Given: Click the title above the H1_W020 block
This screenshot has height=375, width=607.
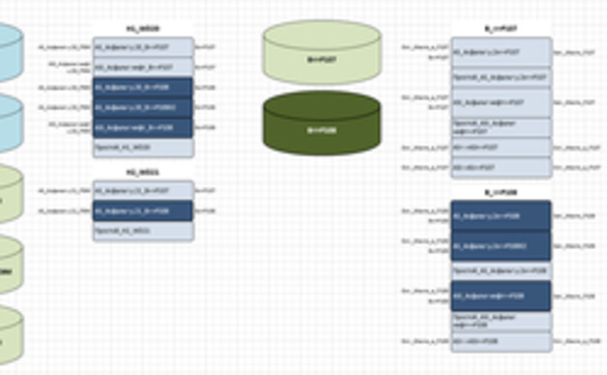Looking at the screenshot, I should coord(143,29).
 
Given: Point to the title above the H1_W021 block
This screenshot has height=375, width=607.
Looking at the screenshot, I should coord(143,172).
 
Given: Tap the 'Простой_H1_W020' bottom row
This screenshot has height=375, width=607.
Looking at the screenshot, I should coord(143,147).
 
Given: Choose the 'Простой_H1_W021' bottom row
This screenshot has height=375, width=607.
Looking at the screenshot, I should coord(143,231).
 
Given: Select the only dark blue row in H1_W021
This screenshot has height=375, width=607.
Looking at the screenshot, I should coord(143,211).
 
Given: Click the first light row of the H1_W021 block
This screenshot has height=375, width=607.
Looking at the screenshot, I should coord(143,191).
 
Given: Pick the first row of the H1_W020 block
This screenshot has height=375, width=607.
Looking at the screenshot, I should coord(143,47).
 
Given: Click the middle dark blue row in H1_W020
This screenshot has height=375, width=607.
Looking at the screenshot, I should coord(143,108).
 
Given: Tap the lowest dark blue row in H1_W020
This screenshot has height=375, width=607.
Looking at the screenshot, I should coord(143,128).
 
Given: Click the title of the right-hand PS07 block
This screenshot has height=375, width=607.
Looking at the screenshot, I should coord(501,29).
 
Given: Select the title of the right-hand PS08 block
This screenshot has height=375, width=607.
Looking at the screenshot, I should coord(501,192).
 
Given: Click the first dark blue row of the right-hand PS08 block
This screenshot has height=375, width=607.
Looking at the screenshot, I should coord(501,216).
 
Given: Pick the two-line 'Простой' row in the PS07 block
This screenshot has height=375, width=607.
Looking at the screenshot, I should coord(501,127).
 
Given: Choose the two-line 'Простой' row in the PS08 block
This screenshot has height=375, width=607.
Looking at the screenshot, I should coord(501,321).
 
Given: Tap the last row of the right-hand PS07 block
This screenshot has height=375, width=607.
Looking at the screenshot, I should coord(501,167).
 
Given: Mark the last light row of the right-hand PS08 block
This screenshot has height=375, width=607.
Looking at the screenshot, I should coord(501,342).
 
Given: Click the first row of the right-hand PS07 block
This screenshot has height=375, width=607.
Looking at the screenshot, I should coord(501,53).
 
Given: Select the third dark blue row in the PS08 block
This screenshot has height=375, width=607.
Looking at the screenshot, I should coord(501,296).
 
